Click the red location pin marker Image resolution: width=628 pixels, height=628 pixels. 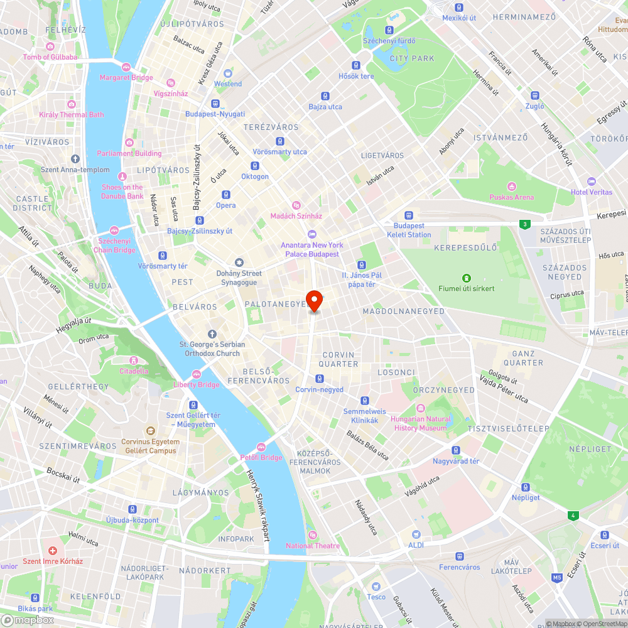(314, 301)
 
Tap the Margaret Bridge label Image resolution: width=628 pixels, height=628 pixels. (126, 78)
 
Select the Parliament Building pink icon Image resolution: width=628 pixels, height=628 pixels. (129, 143)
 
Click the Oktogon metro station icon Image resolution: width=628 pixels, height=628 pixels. (255, 166)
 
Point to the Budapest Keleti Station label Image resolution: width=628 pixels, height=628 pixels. (409, 230)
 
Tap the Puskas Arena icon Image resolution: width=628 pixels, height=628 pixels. (512, 187)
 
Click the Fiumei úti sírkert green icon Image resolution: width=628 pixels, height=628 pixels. (467, 278)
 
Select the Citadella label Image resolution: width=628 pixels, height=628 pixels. (134, 371)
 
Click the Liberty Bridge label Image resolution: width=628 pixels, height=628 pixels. (197, 384)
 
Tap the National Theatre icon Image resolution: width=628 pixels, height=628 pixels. (313, 535)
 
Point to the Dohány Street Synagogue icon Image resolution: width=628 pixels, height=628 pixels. (239, 263)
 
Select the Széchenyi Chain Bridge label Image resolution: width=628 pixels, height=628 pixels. (114, 245)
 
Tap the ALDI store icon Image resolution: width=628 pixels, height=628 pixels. (416, 534)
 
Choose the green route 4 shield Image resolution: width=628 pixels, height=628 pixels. (572, 516)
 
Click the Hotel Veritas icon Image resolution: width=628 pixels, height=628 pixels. (591, 181)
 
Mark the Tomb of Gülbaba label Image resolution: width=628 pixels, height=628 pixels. (50, 57)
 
